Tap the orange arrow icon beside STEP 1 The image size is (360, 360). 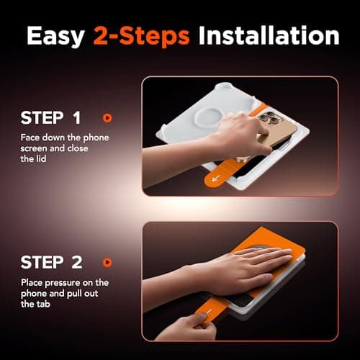point(107,117)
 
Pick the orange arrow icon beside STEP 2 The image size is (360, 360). point(107,262)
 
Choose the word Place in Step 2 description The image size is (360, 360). point(32,282)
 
